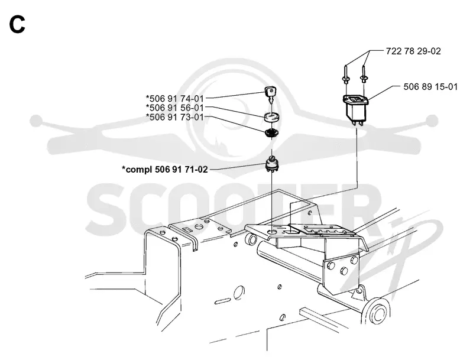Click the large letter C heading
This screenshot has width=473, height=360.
(17, 24)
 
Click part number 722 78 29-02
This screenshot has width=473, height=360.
(413, 51)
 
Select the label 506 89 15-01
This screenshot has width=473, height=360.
(430, 87)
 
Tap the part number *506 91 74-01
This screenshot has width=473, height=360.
(174, 99)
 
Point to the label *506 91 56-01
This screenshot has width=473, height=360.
(174, 108)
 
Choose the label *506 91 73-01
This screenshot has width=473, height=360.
(174, 116)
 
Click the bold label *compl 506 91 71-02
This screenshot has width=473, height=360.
(165, 170)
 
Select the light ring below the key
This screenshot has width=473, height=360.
(272, 117)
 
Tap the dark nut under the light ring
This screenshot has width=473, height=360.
(271, 132)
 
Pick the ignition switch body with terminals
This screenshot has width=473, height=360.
(272, 164)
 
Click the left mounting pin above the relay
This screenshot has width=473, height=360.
(346, 73)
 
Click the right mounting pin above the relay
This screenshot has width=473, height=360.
(364, 73)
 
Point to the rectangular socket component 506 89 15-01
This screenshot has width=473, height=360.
(356, 109)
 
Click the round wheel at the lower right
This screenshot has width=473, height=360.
(375, 312)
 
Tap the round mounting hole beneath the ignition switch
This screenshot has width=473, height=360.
(272, 232)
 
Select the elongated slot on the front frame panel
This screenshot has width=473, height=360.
(223, 301)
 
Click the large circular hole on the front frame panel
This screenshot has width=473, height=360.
(239, 291)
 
